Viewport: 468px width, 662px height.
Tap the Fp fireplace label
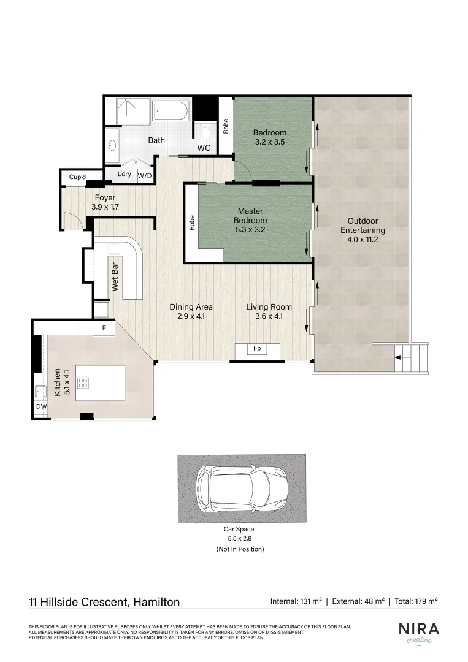pos(257,349)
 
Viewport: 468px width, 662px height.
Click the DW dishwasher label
pos(40,407)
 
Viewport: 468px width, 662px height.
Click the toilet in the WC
pos(205,131)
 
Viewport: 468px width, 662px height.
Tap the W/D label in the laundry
pos(145,175)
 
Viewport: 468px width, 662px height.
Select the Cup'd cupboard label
pos(78,177)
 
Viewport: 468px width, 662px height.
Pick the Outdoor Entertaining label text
pos(363,226)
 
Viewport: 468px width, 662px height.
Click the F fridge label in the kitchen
pos(104,329)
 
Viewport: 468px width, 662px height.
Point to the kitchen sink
pos(40,390)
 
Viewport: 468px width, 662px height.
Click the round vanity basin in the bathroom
pos(112,146)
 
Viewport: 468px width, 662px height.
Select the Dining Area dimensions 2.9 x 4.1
pos(191,317)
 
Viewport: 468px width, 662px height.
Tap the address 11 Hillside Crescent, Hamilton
pos(104,602)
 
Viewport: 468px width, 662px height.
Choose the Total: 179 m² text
pos(415,601)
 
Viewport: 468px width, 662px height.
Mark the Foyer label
pos(104,197)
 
